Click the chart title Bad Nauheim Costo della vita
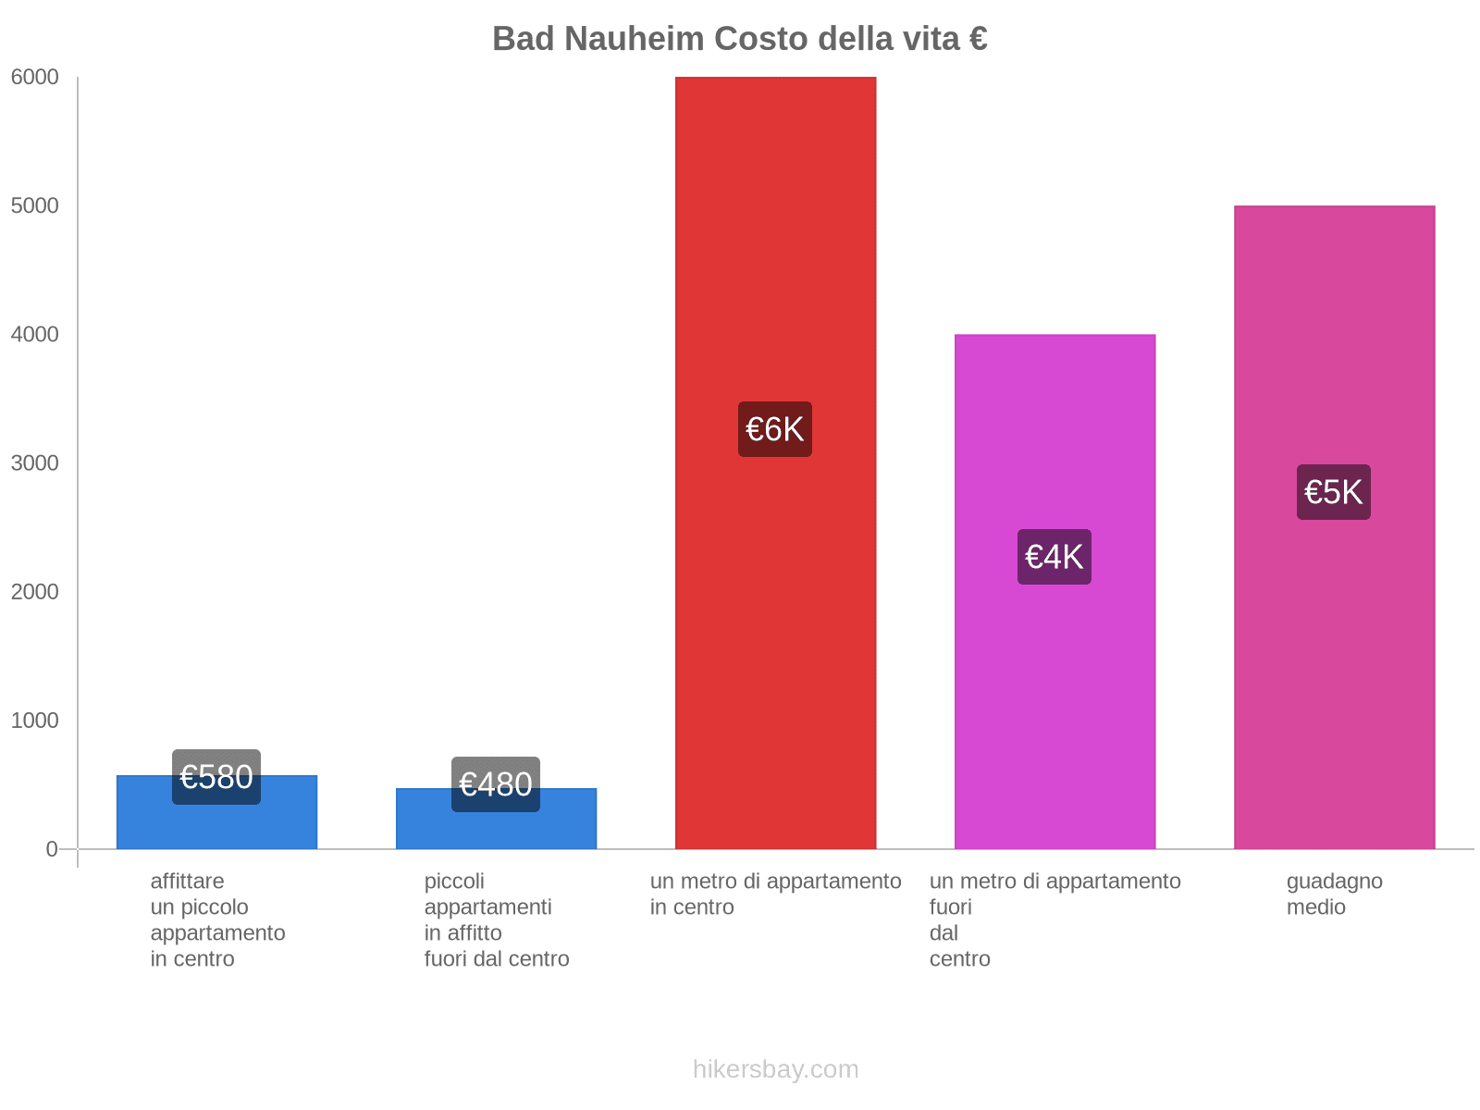[x=739, y=39]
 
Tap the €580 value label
[x=216, y=777]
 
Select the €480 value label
[x=496, y=784]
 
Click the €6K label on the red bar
[x=775, y=429]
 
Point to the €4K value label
[x=1054, y=557]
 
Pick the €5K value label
[x=1334, y=492]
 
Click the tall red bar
[x=775, y=231]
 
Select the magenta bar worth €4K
[x=1054, y=703]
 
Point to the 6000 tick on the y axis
[x=34, y=78]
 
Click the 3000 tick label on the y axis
[x=34, y=463]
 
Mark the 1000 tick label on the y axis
[x=34, y=721]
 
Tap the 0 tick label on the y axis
[x=52, y=849]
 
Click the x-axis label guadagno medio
[x=1334, y=894]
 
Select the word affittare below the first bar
[x=187, y=882]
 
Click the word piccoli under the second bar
[x=454, y=882]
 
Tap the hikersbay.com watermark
[x=775, y=1069]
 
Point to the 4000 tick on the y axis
[x=34, y=335]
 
